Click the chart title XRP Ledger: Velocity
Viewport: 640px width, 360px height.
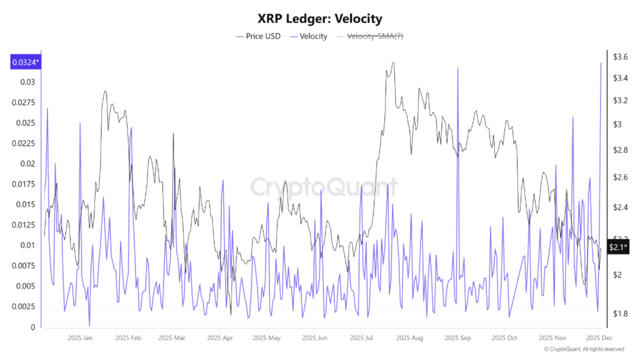pos(319,19)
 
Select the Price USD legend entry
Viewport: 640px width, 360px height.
pos(258,36)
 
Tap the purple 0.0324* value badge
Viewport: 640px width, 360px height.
pos(25,62)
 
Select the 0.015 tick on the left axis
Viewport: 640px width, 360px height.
pos(26,204)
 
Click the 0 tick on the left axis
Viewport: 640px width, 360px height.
pos(33,327)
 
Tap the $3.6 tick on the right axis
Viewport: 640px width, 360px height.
pos(620,57)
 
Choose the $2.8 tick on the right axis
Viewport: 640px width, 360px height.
pos(620,151)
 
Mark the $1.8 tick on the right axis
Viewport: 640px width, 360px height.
pos(620,313)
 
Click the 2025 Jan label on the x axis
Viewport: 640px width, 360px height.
pos(79,338)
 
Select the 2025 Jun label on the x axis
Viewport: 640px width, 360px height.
pos(314,338)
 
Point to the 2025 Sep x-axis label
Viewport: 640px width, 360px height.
pos(457,338)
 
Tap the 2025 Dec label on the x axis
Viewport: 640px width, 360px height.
pos(598,338)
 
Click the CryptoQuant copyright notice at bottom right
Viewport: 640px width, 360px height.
pos(584,349)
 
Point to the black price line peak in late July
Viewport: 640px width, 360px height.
pos(392,62)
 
